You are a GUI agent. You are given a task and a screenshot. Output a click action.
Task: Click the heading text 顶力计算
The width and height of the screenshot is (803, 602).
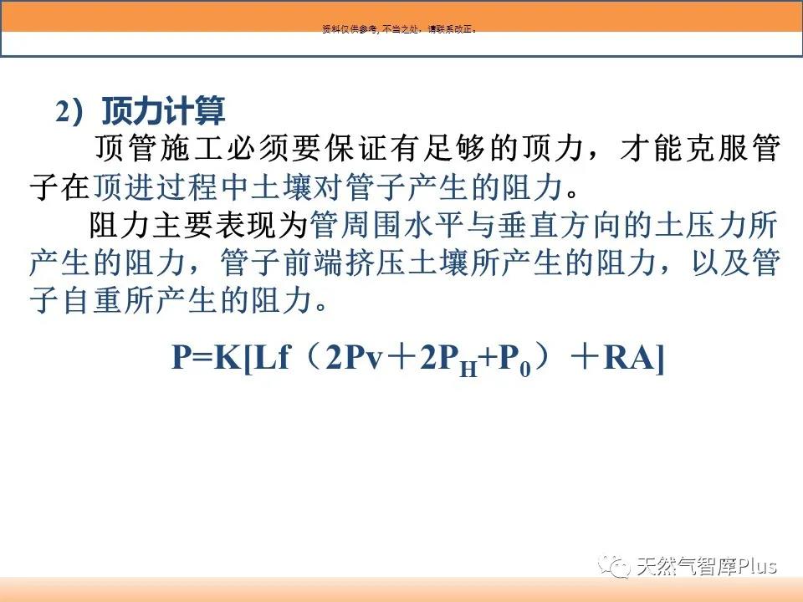tap(163, 110)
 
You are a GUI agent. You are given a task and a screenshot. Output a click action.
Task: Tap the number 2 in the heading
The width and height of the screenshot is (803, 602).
tap(62, 111)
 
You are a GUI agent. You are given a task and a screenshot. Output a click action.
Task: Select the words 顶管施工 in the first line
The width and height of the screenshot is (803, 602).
tap(159, 149)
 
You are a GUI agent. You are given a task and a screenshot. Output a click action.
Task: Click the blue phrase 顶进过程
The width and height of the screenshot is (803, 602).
tap(155, 186)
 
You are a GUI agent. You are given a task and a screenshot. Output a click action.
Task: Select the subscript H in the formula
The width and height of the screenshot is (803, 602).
tap(468, 369)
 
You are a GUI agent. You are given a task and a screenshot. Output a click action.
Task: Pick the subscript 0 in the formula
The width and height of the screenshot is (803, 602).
tap(525, 369)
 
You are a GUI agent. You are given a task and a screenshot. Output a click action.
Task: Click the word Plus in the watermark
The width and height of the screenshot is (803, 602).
tap(758, 566)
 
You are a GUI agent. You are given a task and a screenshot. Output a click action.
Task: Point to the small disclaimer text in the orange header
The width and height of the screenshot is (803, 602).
tap(400, 29)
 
